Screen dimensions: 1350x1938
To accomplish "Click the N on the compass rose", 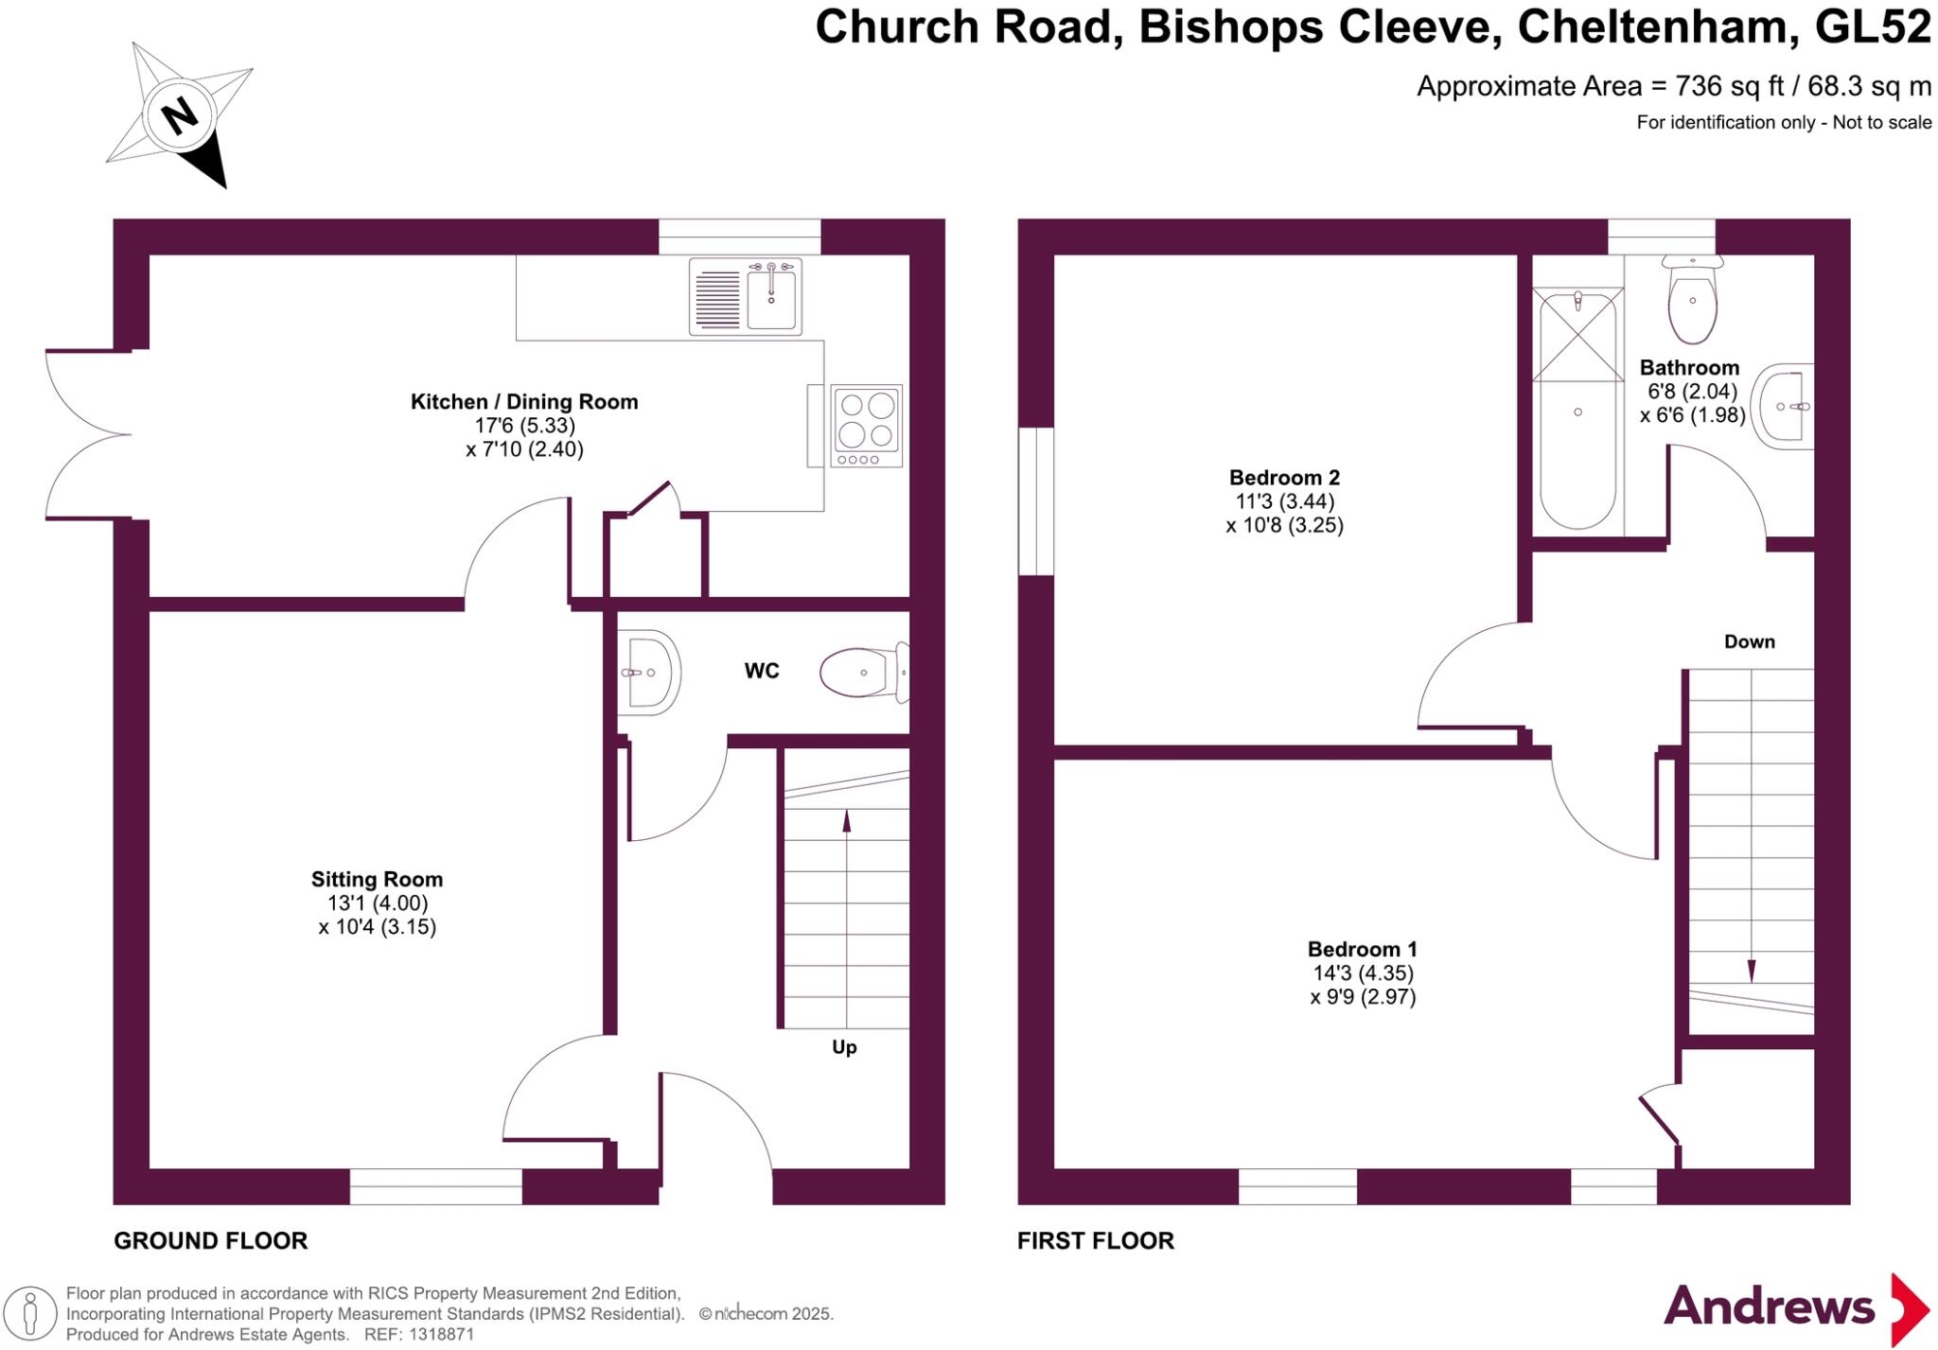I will click(180, 116).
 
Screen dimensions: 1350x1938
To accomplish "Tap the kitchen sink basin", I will click(771, 297).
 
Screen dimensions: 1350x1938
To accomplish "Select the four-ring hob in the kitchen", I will click(867, 425).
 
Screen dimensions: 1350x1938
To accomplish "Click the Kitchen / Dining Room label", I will click(524, 401).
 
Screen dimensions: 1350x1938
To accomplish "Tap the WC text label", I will click(762, 671).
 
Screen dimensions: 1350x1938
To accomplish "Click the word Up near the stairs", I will click(844, 1046).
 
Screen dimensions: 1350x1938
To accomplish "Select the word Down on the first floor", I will click(1749, 641).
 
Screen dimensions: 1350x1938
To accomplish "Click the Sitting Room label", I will click(377, 879).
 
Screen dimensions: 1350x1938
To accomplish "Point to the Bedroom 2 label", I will click(1284, 477).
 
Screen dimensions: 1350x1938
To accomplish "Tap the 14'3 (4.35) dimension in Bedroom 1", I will click(1363, 973).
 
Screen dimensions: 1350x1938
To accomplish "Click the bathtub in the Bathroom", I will click(1577, 412).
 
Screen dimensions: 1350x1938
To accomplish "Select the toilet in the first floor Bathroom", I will click(1693, 301).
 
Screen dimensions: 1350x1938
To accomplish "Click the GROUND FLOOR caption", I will click(210, 1240).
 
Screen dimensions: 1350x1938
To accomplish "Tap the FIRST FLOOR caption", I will click(1095, 1240).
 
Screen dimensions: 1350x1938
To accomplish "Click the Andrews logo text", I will click(1769, 1306).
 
